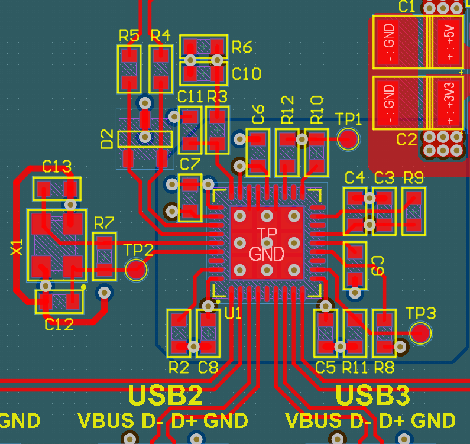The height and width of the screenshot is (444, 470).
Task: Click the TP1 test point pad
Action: [x=348, y=139]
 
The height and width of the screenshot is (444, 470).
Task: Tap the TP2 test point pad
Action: [x=137, y=271]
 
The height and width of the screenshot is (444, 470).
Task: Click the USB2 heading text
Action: [x=166, y=396]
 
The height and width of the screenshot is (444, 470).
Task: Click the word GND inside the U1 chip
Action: [x=267, y=254]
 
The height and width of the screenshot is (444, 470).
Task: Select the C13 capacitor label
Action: [x=57, y=167]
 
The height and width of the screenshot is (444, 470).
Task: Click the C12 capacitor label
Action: [x=59, y=324]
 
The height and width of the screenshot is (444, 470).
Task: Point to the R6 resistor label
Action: [x=242, y=47]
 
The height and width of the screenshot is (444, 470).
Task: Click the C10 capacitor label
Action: [x=247, y=74]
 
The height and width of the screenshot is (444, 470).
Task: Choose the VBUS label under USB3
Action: [x=313, y=421]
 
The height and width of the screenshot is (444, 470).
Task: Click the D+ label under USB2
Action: [x=185, y=421]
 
